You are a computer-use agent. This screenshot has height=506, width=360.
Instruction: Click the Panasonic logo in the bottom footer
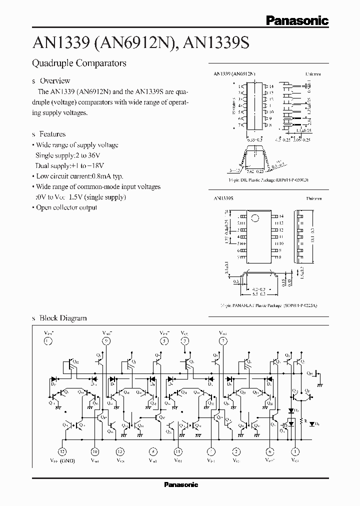tap(181, 484)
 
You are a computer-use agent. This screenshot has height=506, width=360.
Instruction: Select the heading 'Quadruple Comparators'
tap(79, 63)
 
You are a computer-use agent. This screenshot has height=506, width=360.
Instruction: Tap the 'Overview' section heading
tap(54, 80)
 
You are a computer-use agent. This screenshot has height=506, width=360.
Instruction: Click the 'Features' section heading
tap(52, 134)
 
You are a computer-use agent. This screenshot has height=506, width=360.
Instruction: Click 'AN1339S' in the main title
tap(216, 43)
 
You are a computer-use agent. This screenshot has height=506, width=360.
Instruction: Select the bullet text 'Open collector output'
tap(66, 207)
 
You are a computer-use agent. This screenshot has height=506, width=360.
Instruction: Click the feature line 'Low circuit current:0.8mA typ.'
tap(79, 176)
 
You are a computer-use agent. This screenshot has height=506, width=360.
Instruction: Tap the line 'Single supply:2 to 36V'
tap(67, 155)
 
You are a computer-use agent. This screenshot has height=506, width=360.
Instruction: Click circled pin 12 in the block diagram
tap(62, 450)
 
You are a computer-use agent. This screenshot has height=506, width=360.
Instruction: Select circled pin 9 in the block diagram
tap(106, 341)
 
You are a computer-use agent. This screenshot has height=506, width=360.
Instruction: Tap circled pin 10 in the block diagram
tap(95, 450)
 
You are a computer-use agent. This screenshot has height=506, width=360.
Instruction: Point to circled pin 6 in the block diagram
tap(270, 450)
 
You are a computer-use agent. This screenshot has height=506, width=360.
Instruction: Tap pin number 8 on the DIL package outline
tap(270, 126)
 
